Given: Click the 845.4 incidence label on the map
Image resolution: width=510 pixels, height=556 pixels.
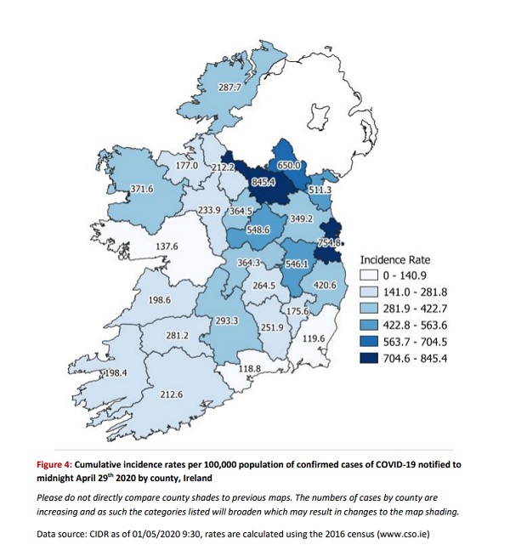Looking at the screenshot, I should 262,181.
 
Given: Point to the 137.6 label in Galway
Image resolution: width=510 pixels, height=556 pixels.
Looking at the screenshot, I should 167,247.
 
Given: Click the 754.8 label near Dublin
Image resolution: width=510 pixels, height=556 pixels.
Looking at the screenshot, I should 328,243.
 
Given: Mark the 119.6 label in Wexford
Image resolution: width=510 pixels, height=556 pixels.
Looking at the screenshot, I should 314,338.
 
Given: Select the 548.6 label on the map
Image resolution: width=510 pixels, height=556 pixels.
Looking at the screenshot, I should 258,230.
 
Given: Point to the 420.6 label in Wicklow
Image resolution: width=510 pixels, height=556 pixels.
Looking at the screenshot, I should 326,285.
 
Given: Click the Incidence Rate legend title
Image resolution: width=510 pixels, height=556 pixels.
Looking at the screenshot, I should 394,258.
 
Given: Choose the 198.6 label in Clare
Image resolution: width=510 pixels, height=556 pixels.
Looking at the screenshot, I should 160,300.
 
